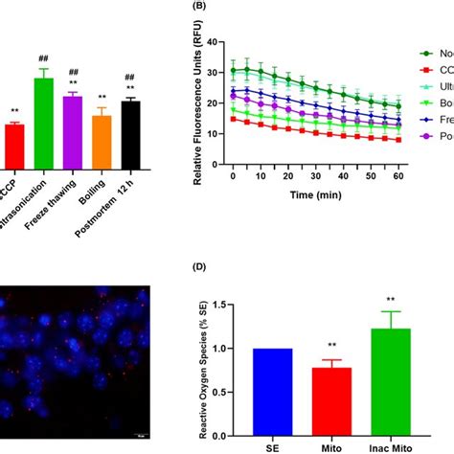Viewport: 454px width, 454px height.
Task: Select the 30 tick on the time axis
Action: pos(303,175)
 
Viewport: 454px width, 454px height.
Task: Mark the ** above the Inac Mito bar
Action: pos(390,299)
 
